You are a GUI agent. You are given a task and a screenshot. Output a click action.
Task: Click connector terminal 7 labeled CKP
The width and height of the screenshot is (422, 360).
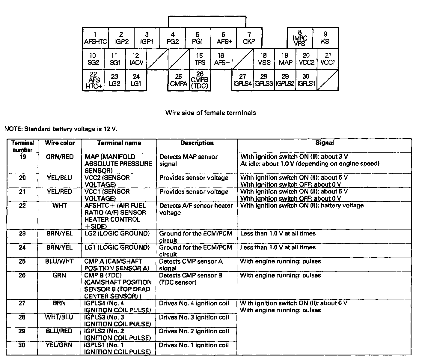coord(249,38)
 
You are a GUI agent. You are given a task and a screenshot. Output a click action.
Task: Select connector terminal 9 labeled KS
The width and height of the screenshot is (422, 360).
coord(325,38)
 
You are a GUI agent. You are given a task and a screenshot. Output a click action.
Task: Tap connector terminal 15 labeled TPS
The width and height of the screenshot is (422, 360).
coord(200,59)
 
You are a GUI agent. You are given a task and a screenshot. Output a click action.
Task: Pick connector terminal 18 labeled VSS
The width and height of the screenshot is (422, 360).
coord(264,59)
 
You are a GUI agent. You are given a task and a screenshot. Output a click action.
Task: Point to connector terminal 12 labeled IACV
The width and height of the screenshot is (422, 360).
coord(136,59)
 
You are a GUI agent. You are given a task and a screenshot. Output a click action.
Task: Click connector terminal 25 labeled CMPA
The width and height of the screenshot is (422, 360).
coord(179,80)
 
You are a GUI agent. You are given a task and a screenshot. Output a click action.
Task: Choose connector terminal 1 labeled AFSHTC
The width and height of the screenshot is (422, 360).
coord(95,38)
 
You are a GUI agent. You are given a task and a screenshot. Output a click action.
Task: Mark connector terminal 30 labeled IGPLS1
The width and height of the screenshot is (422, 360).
coord(306,80)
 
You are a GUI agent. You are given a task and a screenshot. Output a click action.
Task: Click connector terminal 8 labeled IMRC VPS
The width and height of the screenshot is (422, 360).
coord(300,38)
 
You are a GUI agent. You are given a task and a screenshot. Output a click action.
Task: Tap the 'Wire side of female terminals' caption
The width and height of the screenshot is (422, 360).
coord(211,113)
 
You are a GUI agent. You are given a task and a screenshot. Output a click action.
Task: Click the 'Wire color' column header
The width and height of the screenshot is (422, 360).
coord(60,143)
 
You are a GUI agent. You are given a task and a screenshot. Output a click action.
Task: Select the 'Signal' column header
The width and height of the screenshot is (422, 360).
coord(324,143)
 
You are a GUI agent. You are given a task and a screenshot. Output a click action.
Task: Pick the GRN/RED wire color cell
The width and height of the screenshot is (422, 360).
coord(60,157)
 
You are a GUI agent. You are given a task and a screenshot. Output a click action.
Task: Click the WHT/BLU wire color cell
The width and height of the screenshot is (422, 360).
coord(59,317)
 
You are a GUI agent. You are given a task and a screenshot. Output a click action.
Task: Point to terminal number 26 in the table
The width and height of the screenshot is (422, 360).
coord(22,275)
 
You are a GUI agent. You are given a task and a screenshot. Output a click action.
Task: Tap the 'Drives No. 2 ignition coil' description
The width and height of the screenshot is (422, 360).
coord(194,331)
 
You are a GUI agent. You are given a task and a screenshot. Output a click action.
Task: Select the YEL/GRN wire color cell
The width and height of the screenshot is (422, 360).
coord(59,345)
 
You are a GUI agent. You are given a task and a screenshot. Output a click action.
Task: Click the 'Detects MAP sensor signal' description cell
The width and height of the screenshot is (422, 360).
coord(189,160)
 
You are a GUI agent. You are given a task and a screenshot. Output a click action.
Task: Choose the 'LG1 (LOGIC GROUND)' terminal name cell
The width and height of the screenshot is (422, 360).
coord(117,247)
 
